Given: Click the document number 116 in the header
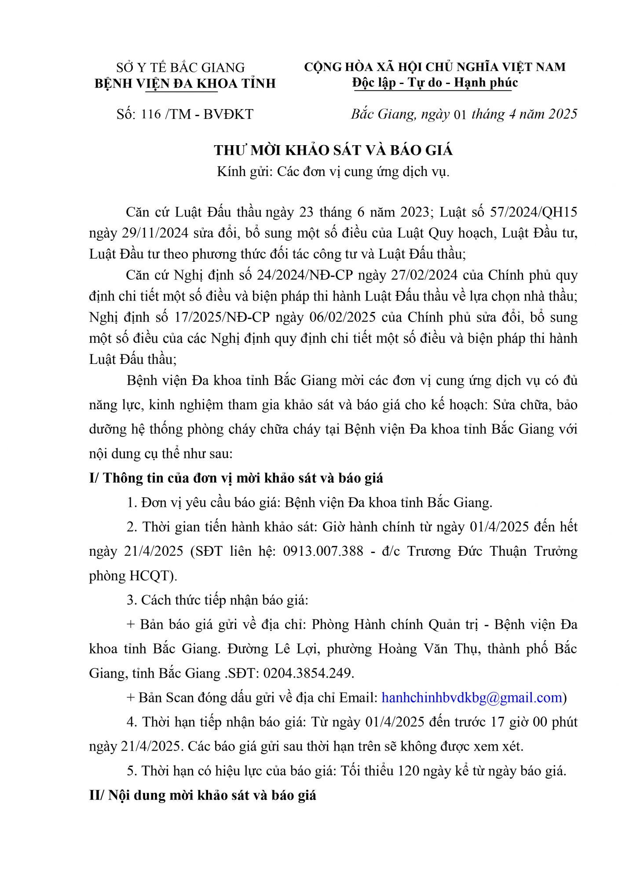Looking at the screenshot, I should [151, 114].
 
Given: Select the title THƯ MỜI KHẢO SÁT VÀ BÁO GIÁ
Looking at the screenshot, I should [333, 150].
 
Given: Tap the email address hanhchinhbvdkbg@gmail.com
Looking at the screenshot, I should [472, 698].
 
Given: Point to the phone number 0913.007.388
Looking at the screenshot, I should [323, 551].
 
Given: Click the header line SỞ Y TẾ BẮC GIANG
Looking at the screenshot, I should [180, 68].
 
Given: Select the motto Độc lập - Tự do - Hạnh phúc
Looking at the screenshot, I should [435, 83].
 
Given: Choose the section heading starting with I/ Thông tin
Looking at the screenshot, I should [236, 478].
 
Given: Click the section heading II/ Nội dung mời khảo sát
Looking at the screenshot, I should [202, 796].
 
